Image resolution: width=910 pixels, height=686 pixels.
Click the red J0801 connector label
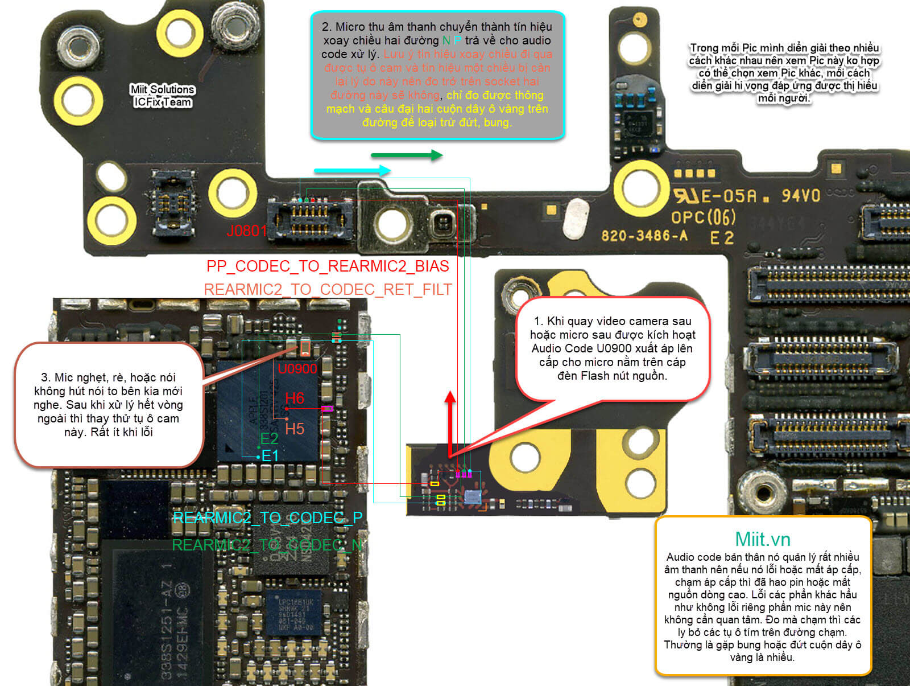(x=246, y=231)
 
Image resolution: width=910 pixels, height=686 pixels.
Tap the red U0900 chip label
(x=297, y=368)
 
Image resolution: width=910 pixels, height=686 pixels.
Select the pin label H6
(x=295, y=398)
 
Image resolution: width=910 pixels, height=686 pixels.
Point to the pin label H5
(x=295, y=429)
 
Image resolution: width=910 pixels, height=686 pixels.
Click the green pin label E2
(x=269, y=438)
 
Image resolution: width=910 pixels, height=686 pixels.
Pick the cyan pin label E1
(x=270, y=456)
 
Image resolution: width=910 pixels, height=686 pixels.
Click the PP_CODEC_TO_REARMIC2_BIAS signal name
(x=328, y=266)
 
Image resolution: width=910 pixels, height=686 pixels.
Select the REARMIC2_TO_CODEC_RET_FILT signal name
(x=328, y=290)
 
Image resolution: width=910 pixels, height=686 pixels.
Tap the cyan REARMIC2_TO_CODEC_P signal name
(x=267, y=517)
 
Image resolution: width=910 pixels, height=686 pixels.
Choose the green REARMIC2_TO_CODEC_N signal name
(x=267, y=545)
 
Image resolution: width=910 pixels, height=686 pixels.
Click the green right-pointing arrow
(x=407, y=155)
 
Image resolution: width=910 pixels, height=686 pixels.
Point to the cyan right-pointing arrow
(x=352, y=170)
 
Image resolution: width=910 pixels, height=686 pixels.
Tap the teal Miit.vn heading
(x=763, y=539)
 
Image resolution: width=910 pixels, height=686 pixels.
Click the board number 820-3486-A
(x=644, y=235)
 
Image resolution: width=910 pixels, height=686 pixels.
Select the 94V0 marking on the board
(x=801, y=196)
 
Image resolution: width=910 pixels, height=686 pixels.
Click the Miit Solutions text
(x=163, y=89)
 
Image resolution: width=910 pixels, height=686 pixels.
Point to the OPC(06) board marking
(x=704, y=217)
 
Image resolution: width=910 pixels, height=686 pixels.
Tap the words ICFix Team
(x=163, y=102)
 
